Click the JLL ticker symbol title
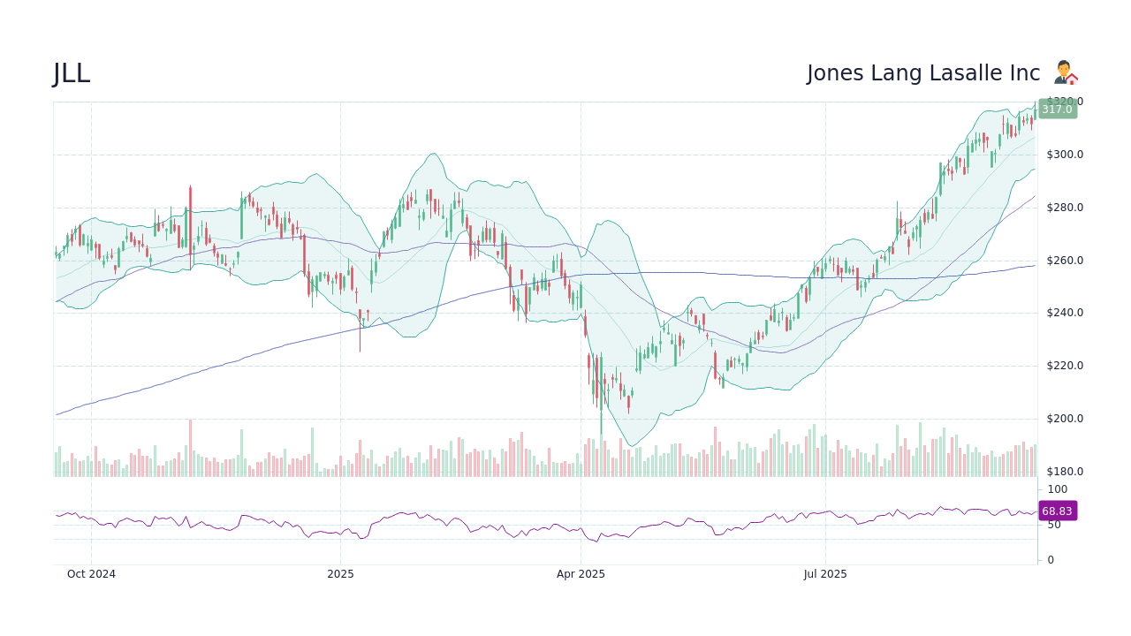pos(72,74)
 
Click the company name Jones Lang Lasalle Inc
pos(922,73)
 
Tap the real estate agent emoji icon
pos(1066,72)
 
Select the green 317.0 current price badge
pos(1057,110)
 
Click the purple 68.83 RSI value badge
pos(1057,511)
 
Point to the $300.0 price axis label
pos(1065,155)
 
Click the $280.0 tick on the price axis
pos(1065,208)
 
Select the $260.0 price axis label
pos(1065,261)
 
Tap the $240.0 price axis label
pos(1065,313)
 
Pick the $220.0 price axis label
pos(1065,366)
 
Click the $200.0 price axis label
pos(1065,419)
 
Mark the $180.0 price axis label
pos(1065,472)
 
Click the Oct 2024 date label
pos(91,574)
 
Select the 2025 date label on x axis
pos(340,574)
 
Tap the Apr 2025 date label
pos(581,574)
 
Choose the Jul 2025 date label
pos(825,574)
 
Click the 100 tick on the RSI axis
pos(1058,489)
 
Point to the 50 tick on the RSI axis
pos(1054,525)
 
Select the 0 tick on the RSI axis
pos(1051,560)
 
